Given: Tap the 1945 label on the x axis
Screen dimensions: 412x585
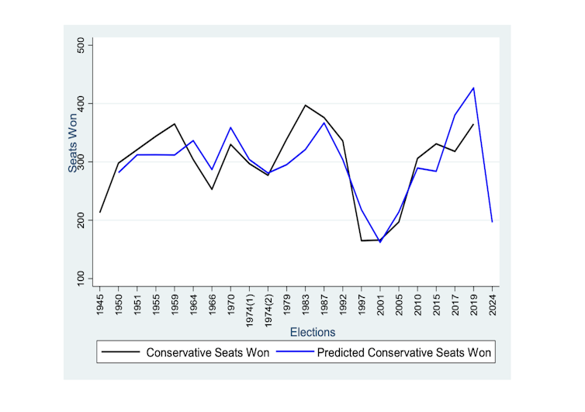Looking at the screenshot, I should pos(101,304).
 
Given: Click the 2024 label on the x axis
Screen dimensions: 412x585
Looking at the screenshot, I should pos(493,304).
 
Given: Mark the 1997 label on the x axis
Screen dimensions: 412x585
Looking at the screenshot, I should pos(362,304).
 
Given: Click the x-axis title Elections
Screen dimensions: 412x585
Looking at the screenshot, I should pos(313,332).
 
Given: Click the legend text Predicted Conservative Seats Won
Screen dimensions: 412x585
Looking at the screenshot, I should pos(403,352).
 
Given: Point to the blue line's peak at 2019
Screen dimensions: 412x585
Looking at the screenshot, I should pos(473,88).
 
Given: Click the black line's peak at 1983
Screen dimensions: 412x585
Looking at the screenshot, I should pos(306,105).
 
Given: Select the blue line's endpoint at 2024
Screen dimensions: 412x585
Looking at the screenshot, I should pos(492,222).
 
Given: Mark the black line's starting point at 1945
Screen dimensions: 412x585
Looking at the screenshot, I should pos(100,212).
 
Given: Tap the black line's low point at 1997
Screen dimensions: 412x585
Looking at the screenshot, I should pos(362,241).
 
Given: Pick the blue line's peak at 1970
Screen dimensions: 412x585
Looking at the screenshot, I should pos(231,127).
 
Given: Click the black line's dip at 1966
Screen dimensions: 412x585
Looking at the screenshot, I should pos(212,189).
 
